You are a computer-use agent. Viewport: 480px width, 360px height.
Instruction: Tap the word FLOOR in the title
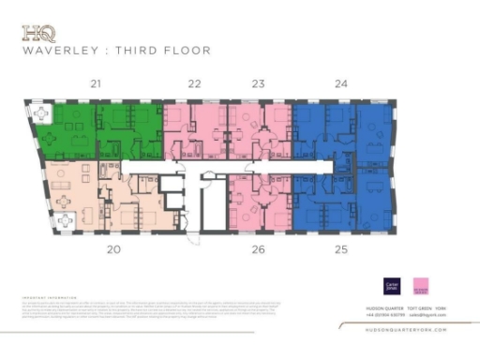(188, 51)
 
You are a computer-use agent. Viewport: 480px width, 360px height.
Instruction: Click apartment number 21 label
(96, 84)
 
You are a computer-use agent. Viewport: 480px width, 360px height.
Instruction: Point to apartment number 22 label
(195, 84)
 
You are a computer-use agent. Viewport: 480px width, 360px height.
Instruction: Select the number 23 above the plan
(259, 84)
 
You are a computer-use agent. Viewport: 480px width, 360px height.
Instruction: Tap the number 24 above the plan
(341, 84)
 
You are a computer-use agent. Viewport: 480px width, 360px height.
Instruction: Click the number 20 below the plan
(113, 249)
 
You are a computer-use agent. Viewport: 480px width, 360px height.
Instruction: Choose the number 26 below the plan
(259, 249)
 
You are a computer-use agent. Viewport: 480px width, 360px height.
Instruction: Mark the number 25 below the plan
(341, 249)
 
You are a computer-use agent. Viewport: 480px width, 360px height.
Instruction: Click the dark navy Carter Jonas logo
(391, 285)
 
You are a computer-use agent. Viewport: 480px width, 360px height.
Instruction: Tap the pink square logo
(422, 285)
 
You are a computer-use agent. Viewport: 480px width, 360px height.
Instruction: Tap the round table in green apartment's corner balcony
(41, 113)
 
